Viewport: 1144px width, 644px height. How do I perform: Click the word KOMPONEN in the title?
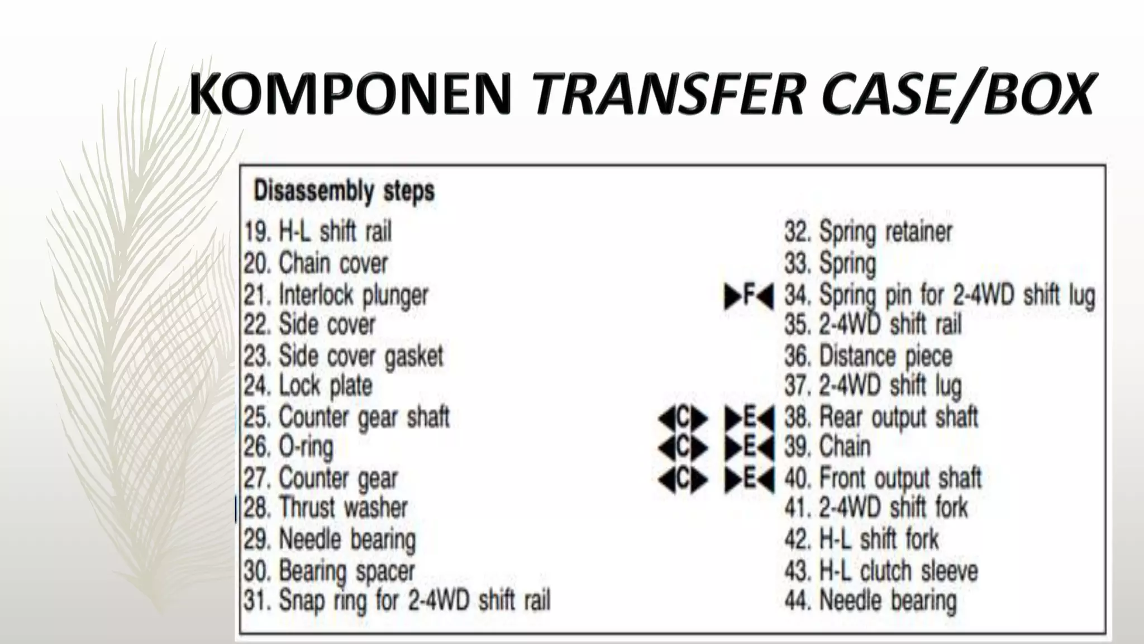(x=351, y=94)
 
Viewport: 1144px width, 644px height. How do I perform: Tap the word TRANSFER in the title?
(x=668, y=94)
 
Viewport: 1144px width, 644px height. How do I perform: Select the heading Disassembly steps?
(x=344, y=191)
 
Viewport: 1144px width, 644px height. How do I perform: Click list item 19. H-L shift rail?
(x=318, y=231)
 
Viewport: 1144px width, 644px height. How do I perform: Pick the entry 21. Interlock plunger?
(x=336, y=295)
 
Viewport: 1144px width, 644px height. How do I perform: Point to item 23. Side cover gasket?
(x=344, y=356)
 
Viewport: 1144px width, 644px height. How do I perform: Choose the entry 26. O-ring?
(x=289, y=447)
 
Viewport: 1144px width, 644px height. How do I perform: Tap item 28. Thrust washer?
(x=326, y=508)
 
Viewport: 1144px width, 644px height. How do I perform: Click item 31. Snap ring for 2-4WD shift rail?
(x=397, y=600)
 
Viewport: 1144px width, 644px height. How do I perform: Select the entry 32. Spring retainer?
(x=868, y=231)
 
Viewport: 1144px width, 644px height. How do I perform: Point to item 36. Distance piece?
(x=868, y=356)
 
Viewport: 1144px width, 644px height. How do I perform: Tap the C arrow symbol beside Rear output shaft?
(x=683, y=418)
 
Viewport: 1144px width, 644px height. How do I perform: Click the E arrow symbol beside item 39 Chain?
(x=749, y=447)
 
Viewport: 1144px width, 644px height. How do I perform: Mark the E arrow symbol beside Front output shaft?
(x=749, y=479)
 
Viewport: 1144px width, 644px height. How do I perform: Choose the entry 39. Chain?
(x=827, y=447)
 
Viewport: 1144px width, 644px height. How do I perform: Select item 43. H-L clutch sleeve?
(x=881, y=571)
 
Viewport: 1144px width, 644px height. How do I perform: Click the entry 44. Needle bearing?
(x=870, y=601)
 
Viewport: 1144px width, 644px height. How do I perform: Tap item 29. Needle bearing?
(x=330, y=540)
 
